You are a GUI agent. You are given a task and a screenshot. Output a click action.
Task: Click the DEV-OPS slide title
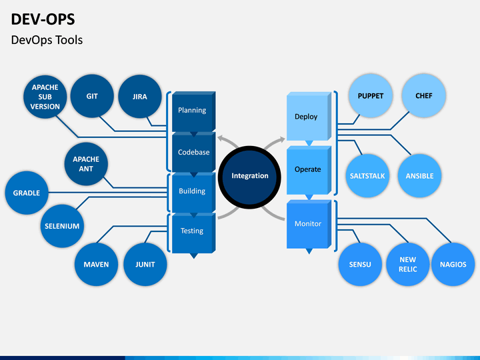(43, 19)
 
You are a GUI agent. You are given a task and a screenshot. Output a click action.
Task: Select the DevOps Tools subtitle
(47, 40)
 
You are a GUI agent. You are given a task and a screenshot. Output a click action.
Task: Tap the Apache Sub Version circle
(45, 97)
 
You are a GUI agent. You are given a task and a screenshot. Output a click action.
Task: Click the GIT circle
(92, 96)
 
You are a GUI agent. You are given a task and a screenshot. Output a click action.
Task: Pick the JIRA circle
(140, 97)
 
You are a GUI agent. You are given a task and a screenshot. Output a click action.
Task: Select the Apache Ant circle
(86, 164)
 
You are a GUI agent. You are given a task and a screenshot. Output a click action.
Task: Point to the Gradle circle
(27, 193)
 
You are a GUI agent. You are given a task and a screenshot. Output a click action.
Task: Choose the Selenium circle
(62, 226)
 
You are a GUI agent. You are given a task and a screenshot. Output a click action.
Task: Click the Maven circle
(96, 265)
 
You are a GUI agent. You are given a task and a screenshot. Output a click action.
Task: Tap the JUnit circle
(145, 265)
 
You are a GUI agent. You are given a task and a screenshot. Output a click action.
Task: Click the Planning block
(194, 111)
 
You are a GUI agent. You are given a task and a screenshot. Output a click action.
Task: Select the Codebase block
(194, 152)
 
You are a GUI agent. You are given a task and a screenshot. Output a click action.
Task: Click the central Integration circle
(249, 177)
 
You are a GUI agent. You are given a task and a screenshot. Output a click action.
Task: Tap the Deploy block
(309, 116)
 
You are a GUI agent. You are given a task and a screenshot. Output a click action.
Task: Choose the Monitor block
(309, 224)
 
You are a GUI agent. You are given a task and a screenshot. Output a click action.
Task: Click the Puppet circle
(371, 96)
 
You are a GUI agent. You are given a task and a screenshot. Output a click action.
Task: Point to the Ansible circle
(420, 176)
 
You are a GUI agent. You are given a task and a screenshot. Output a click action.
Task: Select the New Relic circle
(408, 265)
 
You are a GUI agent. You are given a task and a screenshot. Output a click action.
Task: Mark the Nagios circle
(453, 265)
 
